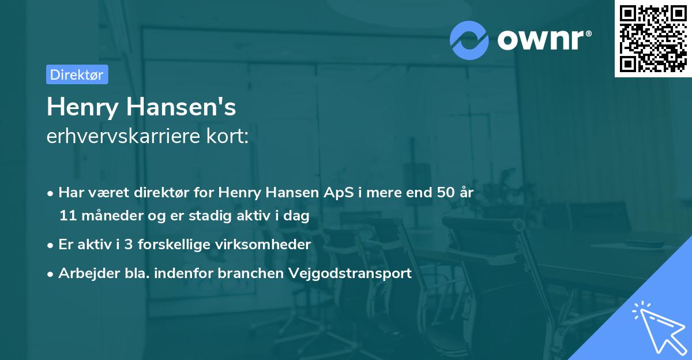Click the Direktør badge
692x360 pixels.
77,74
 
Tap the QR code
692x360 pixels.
653,38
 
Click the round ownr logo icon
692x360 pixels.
469,40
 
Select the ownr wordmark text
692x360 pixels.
544,40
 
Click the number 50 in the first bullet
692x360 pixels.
445,193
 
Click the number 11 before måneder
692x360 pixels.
67,216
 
